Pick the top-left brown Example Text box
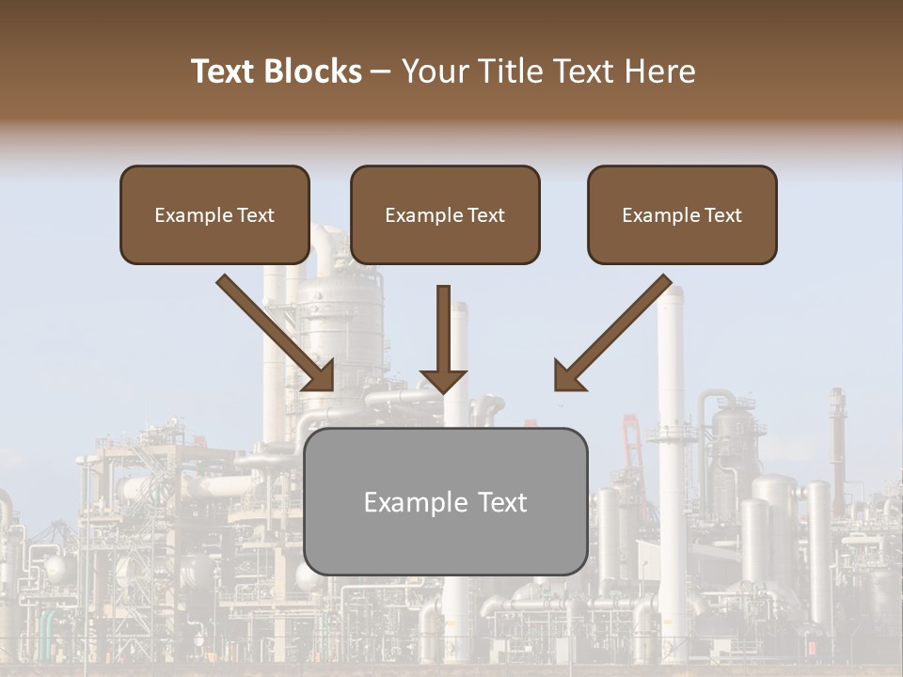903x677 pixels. tap(214, 215)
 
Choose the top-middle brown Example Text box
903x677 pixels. tap(445, 215)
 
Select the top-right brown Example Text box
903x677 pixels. tap(682, 215)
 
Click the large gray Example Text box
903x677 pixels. tap(445, 501)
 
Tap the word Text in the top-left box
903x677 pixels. tap(255, 215)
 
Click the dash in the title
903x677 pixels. tap(381, 71)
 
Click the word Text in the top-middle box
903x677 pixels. tap(485, 215)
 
